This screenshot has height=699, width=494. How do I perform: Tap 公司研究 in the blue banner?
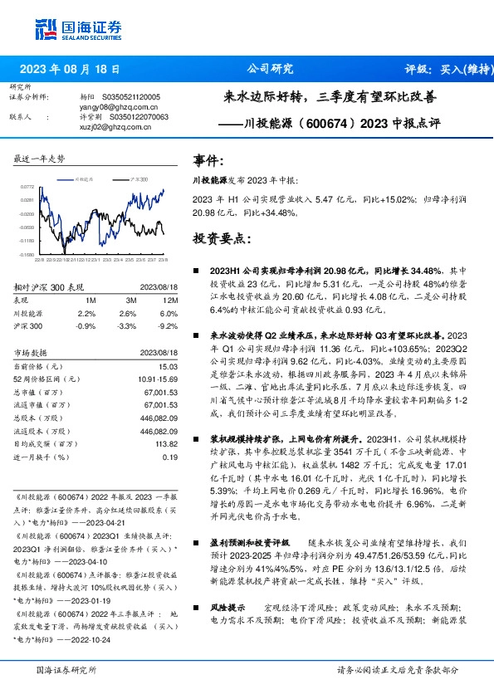tap(271, 69)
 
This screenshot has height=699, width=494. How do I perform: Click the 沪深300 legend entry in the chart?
tap(137, 178)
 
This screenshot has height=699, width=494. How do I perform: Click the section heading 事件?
tap(208, 160)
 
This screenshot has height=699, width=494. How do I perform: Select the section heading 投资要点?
tap(221, 239)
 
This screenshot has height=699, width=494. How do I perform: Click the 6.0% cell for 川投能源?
tap(166, 314)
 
